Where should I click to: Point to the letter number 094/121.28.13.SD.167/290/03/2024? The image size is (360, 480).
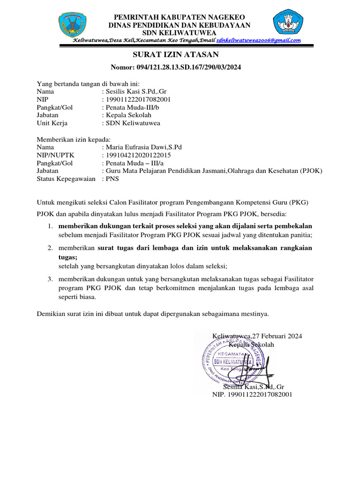(189, 67)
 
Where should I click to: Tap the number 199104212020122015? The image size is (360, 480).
(139, 155)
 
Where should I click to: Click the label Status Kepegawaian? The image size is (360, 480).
(66, 179)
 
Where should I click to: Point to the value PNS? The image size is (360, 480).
(113, 179)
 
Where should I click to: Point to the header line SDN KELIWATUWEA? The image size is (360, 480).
(180, 33)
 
